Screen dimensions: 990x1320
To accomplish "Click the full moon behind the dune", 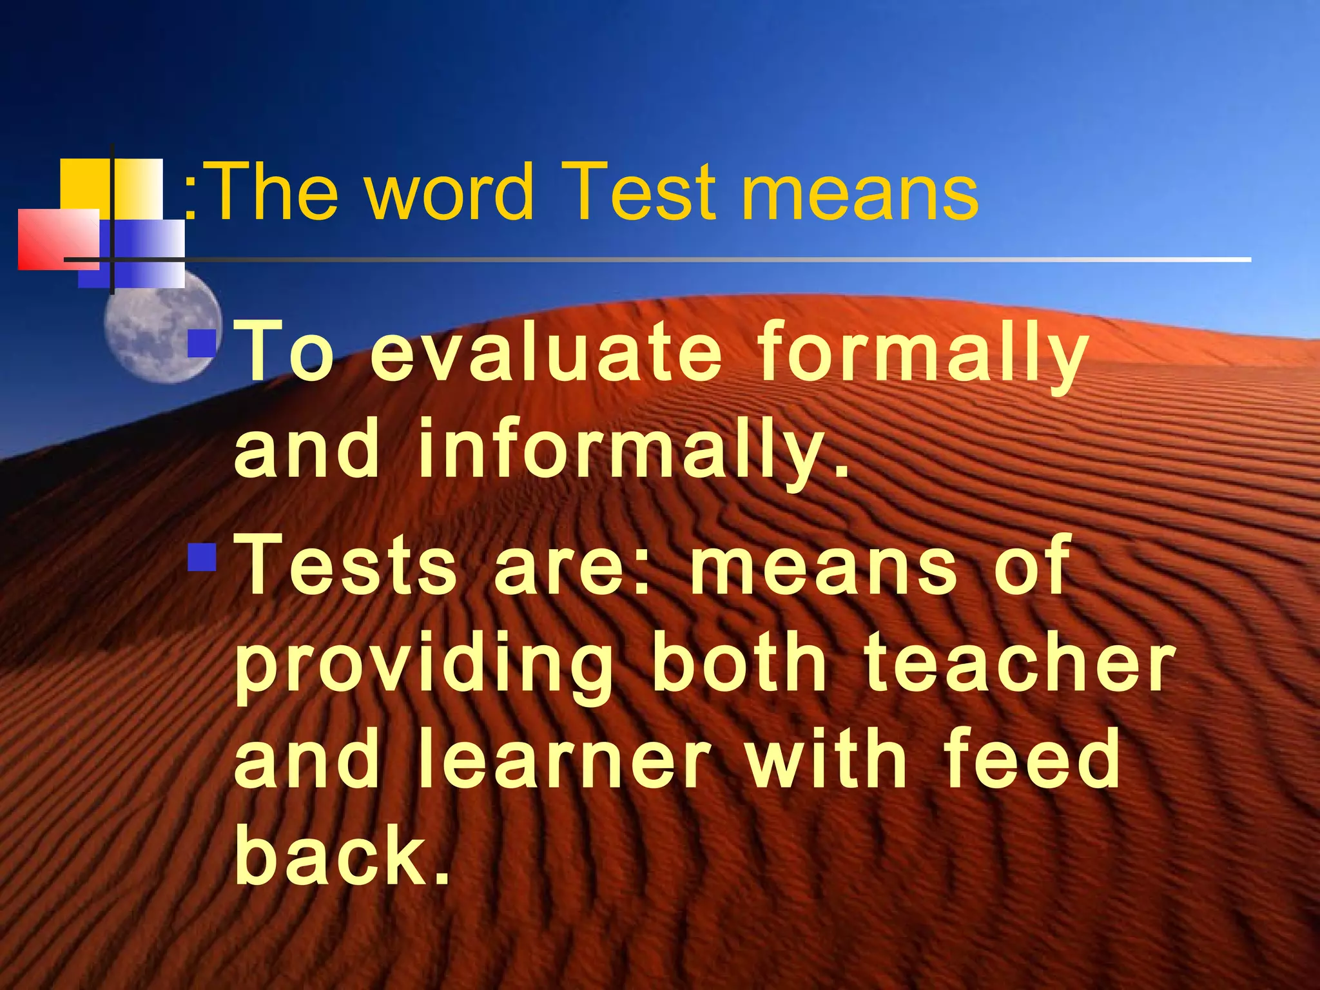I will (161, 335).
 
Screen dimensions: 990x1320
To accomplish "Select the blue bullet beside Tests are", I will (202, 558).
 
